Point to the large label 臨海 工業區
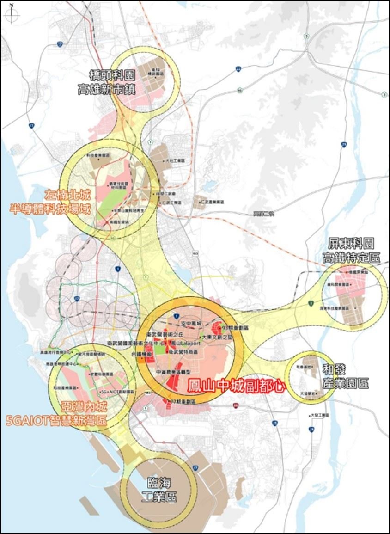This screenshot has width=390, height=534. pos(158,491)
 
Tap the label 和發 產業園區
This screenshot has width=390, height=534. pos(346,376)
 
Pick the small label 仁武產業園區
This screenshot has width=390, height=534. pos(213,202)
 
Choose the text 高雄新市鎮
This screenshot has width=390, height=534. pos(106,89)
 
